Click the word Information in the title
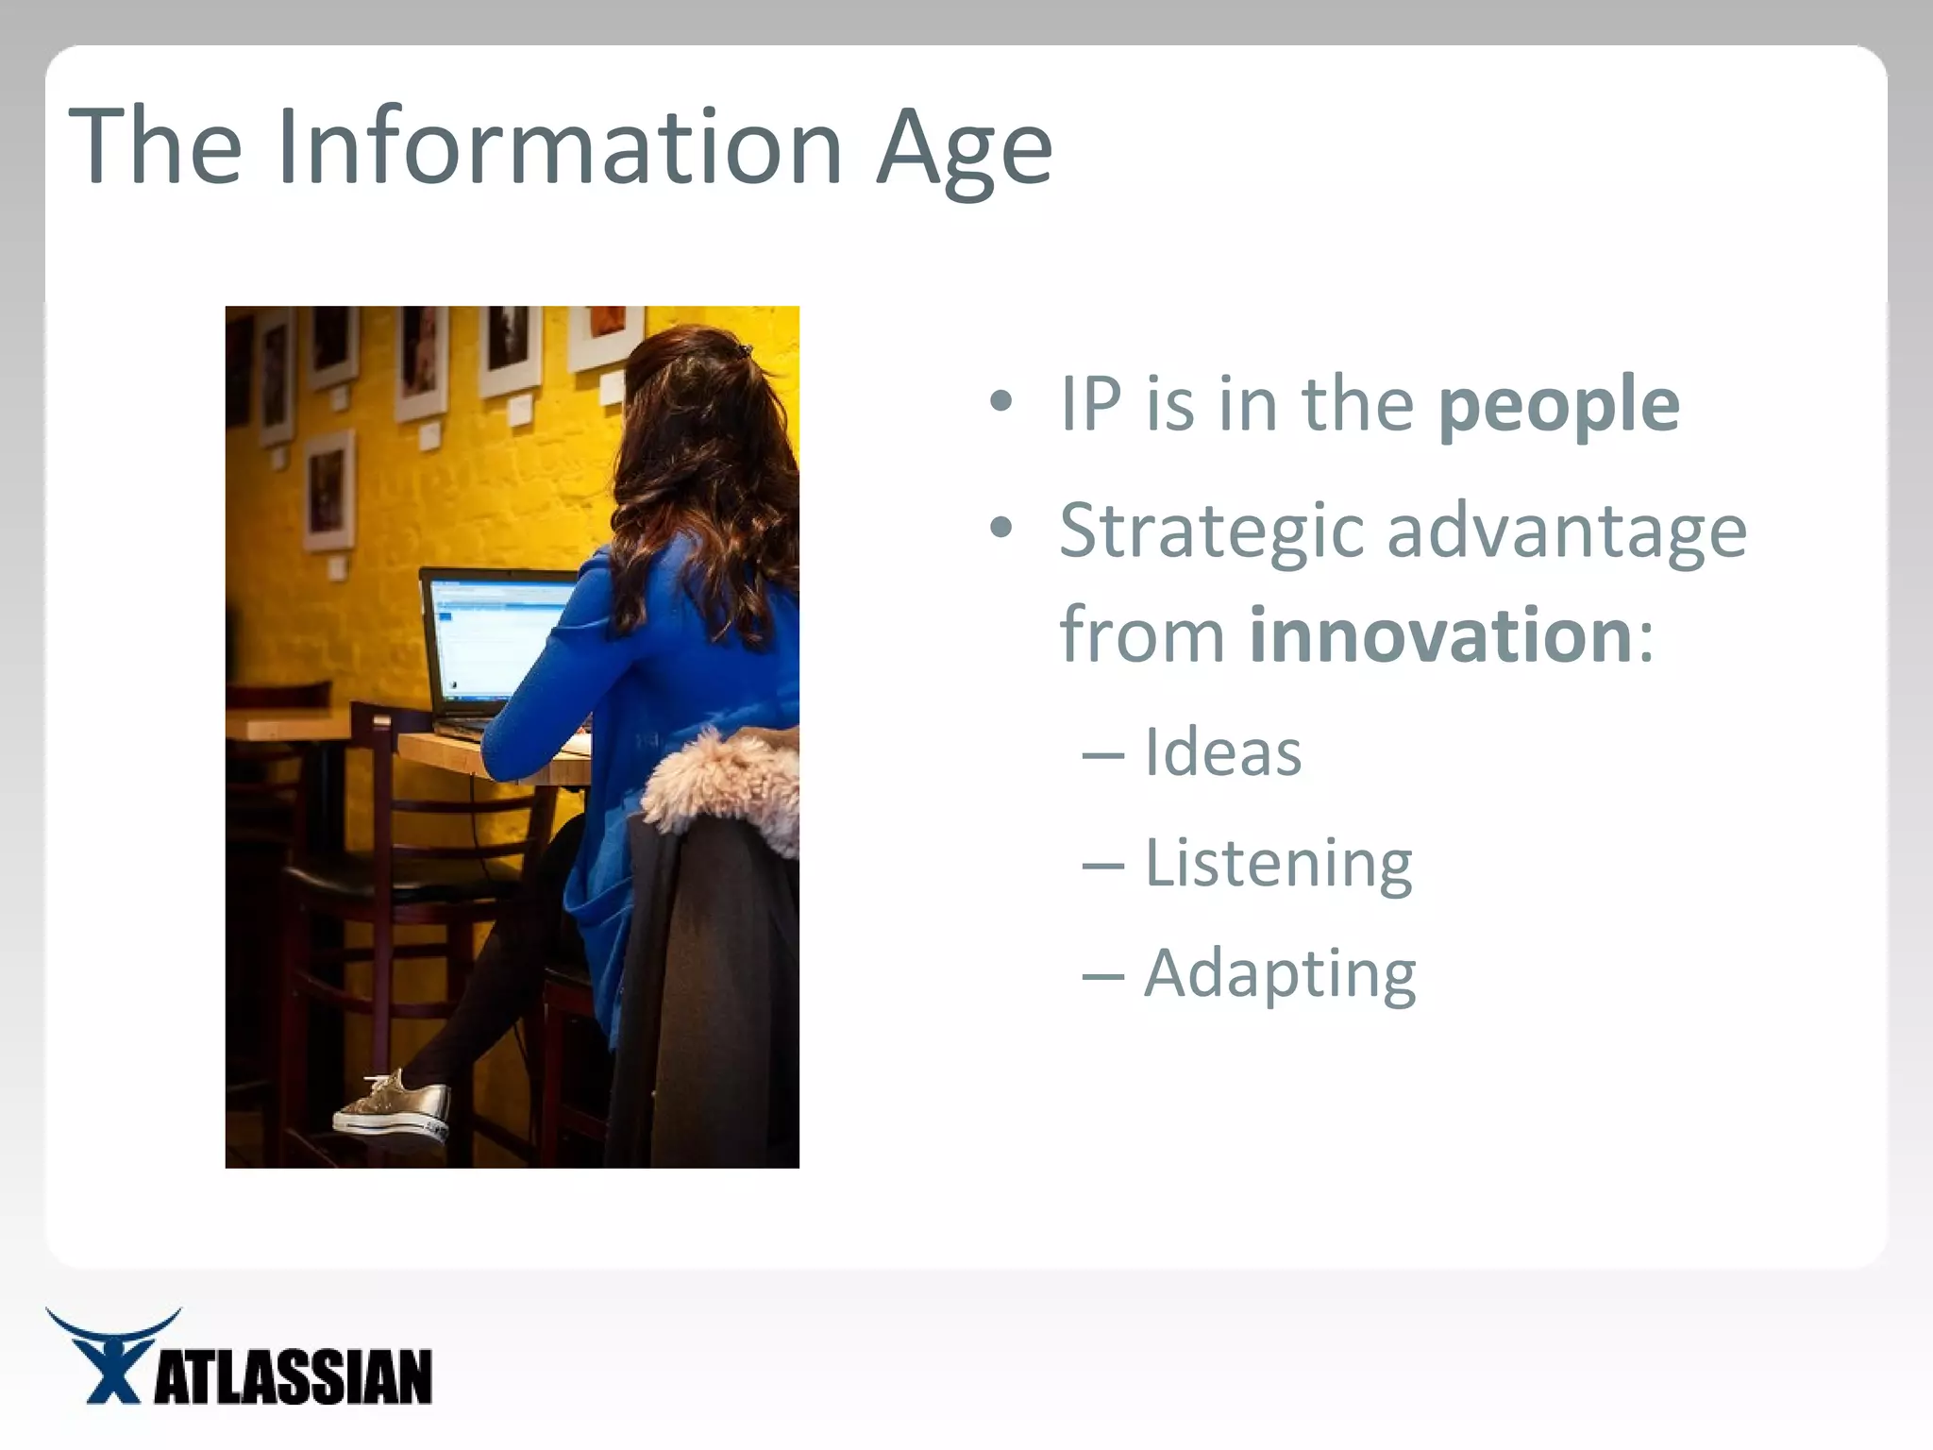[x=559, y=146]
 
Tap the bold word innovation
[x=1440, y=634]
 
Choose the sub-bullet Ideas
[x=1222, y=752]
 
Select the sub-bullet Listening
[x=1278, y=864]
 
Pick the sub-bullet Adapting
[x=1280, y=974]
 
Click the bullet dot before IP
[x=1000, y=404]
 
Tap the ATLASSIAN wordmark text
[x=293, y=1377]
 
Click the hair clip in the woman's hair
[x=744, y=351]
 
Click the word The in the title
[x=156, y=146]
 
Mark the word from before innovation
[x=1141, y=634]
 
